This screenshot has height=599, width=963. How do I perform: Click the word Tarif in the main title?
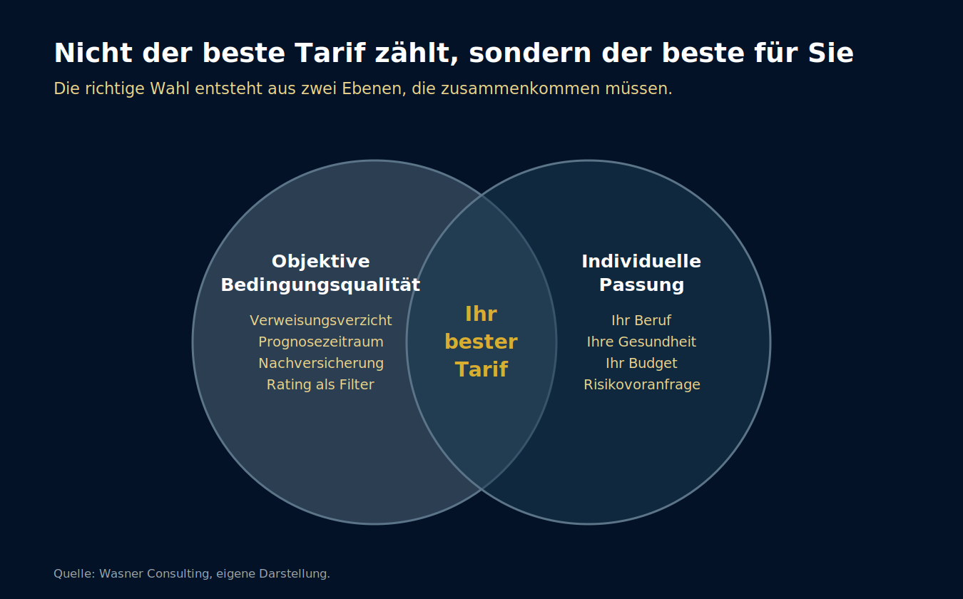(330, 53)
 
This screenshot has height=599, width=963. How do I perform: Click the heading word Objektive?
(321, 261)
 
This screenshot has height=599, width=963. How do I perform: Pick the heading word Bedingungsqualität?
(320, 285)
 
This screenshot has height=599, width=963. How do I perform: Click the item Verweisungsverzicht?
(321, 320)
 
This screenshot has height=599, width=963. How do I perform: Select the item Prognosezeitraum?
(321, 342)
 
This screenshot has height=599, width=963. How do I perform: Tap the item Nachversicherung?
(321, 363)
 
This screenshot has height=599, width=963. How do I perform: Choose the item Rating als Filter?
(320, 384)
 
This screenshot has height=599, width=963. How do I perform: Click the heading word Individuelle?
(641, 261)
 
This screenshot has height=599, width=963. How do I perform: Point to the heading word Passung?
(641, 285)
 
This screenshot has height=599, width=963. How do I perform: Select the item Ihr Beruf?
(641, 320)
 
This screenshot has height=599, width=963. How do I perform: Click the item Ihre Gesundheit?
(641, 342)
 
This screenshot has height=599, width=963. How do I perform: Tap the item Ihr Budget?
(641, 363)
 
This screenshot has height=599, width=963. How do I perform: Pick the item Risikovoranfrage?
(642, 384)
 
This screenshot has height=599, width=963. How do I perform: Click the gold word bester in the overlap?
(481, 342)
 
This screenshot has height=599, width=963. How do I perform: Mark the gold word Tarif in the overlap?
(481, 369)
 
